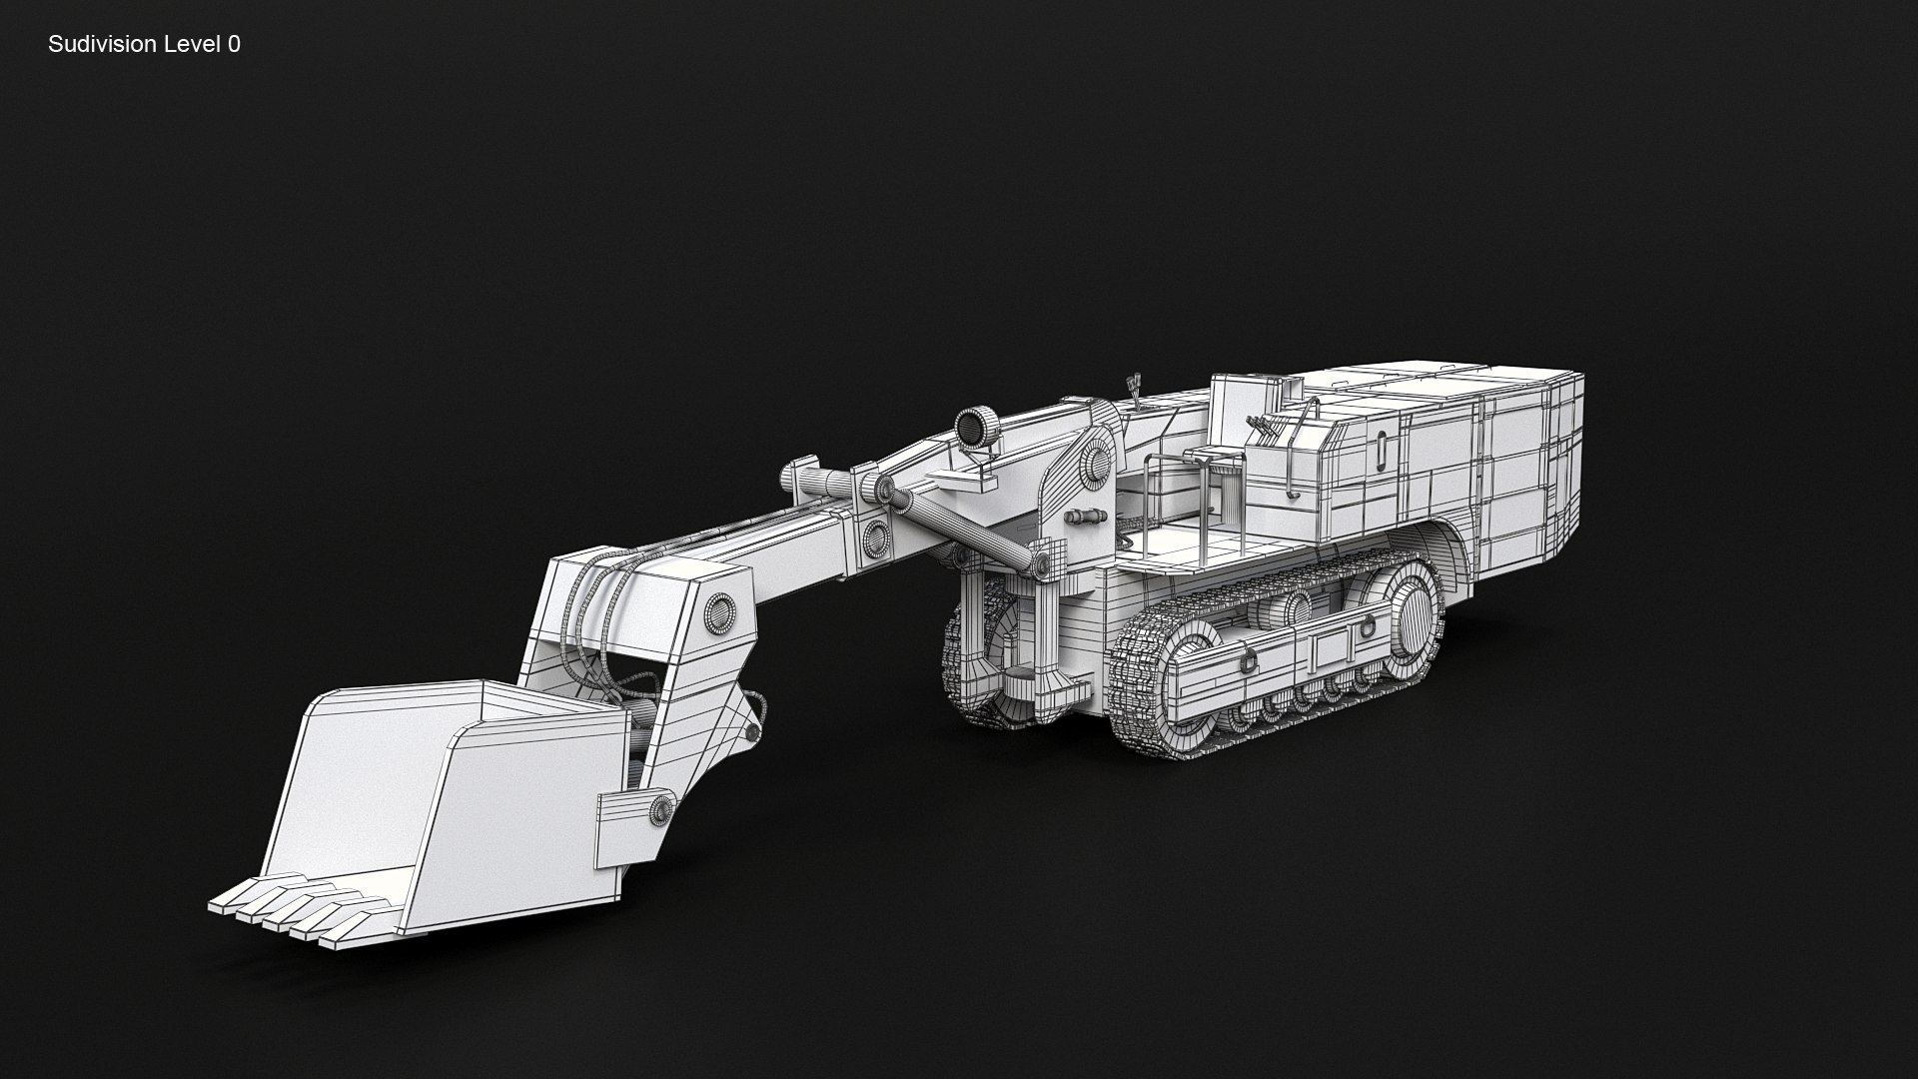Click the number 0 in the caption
[x=234, y=44]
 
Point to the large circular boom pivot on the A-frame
[x=1096, y=464]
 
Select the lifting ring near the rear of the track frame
[x=1362, y=630]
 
